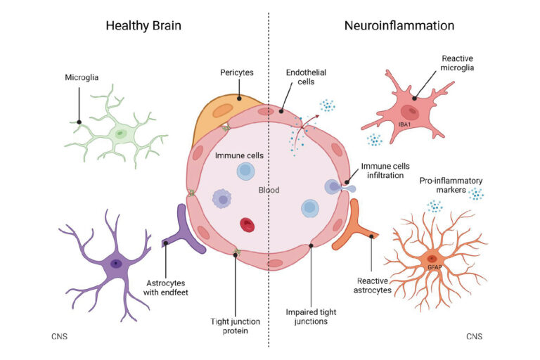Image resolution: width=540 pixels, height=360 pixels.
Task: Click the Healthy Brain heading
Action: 143,26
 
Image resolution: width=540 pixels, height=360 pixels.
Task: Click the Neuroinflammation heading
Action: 399,26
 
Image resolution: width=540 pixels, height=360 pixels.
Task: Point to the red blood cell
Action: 247,224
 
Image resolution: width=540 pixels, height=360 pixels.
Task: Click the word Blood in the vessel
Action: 269,191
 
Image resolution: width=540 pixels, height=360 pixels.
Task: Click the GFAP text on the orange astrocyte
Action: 433,268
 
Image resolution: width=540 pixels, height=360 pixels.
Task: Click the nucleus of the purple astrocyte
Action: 115,264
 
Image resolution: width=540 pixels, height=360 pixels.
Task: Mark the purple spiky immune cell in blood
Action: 224,200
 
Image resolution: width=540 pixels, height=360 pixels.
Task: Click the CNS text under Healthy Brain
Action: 60,337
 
